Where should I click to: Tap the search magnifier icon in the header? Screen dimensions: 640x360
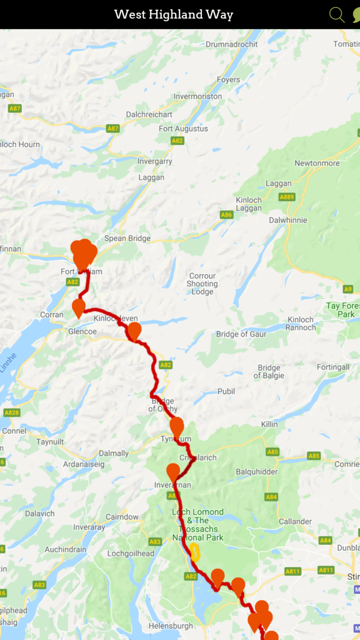(336, 14)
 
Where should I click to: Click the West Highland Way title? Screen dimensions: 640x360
(173, 14)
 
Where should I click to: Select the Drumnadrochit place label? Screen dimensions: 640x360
(231, 44)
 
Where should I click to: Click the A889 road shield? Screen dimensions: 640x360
(286, 197)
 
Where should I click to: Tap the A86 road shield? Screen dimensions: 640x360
(226, 215)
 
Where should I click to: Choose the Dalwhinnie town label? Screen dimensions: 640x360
(288, 220)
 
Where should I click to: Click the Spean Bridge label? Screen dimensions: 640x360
(127, 238)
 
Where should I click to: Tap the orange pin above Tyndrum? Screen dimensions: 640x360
(176, 426)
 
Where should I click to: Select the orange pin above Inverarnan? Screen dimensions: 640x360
(173, 472)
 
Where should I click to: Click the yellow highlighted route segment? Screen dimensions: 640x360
(195, 552)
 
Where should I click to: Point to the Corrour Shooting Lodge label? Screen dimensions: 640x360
(202, 284)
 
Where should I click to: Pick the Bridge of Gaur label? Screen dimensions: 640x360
(241, 334)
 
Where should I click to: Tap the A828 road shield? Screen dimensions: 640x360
(11, 413)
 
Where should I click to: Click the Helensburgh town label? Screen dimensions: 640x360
(170, 626)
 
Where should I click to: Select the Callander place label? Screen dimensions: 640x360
(295, 522)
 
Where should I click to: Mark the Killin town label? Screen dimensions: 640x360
(269, 424)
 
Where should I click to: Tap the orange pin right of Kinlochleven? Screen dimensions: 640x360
(134, 331)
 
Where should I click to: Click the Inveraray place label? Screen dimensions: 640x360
(89, 527)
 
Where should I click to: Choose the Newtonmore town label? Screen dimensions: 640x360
(317, 164)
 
